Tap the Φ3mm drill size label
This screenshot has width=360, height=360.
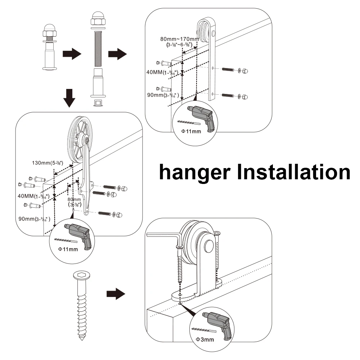pyautogui.click(x=205, y=339)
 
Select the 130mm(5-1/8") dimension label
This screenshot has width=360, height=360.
pyautogui.click(x=45, y=162)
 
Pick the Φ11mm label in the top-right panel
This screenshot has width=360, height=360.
pyautogui.click(x=191, y=131)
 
